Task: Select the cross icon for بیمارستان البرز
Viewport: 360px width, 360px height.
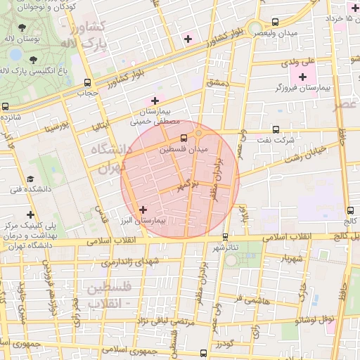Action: click(143, 210)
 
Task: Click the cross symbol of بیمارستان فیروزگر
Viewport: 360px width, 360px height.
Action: click(303, 77)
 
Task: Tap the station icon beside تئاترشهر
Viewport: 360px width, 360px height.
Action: click(225, 237)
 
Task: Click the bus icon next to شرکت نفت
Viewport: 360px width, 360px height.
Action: click(275, 129)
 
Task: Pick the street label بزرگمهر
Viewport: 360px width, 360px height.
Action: click(188, 186)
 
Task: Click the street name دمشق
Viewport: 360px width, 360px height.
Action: click(218, 83)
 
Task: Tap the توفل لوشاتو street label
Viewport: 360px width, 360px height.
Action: click(320, 320)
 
